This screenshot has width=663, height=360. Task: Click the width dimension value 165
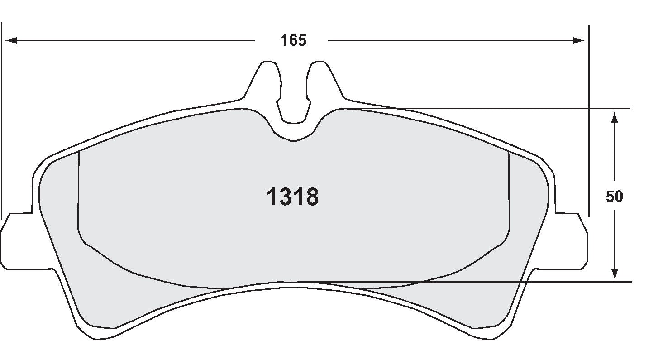click(x=293, y=41)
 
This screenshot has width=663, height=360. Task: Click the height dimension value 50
click(x=615, y=197)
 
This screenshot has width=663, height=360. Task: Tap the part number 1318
click(x=293, y=197)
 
